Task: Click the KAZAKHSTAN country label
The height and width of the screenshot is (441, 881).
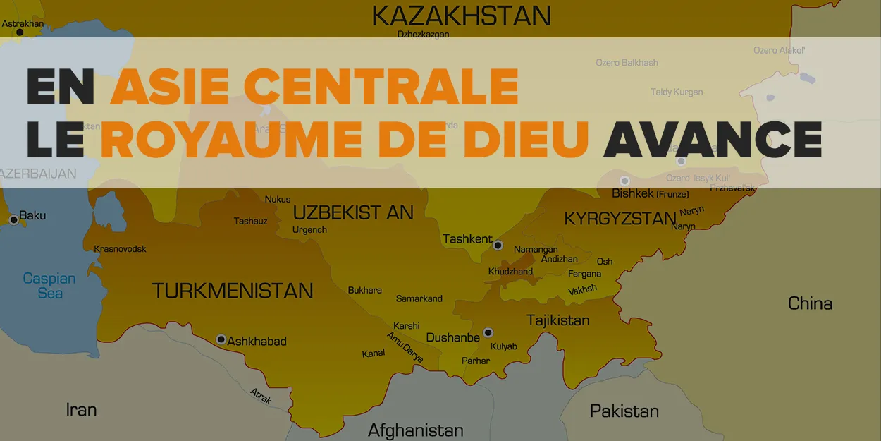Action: [x=462, y=15]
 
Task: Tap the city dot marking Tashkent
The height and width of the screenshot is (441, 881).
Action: [x=498, y=246]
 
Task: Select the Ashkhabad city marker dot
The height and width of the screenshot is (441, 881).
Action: [x=221, y=339]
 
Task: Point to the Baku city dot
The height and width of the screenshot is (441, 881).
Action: [x=13, y=220]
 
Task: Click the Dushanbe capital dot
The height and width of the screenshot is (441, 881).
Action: [x=488, y=332]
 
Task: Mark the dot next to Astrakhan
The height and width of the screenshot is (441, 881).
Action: [x=20, y=32]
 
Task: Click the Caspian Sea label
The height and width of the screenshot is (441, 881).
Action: [x=49, y=285]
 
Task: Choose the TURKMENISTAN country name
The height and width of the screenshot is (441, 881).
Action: [x=233, y=290]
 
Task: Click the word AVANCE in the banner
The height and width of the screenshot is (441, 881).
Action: [x=713, y=138]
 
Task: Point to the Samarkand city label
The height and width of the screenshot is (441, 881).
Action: [x=419, y=298]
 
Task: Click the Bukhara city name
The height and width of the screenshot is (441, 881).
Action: [x=365, y=290]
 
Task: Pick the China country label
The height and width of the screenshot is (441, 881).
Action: [x=810, y=303]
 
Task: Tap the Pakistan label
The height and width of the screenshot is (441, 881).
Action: [x=624, y=411]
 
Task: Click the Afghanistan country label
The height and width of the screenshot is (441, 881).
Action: [x=416, y=430]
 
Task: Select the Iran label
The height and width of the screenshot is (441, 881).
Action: [x=81, y=409]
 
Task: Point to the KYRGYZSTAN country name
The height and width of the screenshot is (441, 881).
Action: [x=620, y=219]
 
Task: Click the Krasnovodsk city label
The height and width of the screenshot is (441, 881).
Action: [x=120, y=248]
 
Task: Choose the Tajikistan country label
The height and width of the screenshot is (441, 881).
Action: [x=557, y=320]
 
